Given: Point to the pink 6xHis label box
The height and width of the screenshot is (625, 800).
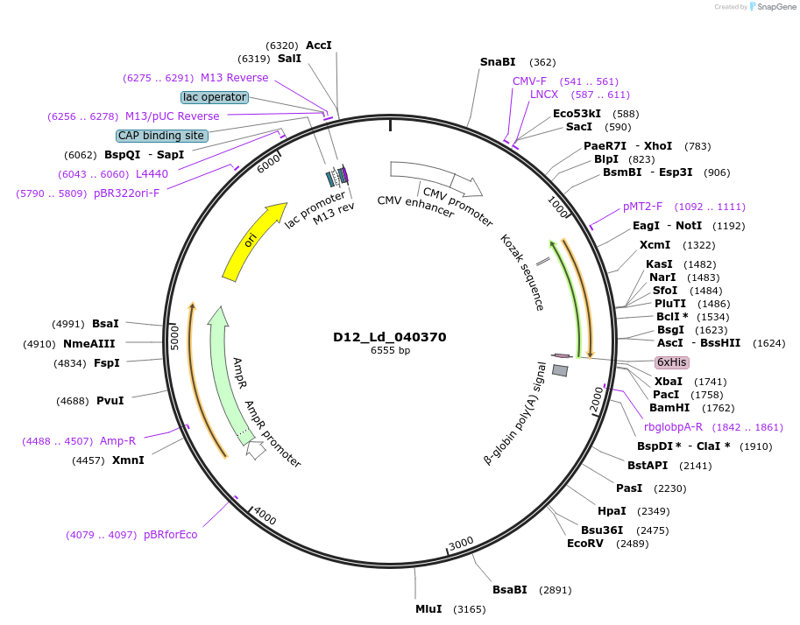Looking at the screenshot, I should [672, 362].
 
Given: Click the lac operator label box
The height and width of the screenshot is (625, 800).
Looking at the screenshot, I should [215, 97].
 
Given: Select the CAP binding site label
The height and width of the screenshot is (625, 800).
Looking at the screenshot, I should [162, 136].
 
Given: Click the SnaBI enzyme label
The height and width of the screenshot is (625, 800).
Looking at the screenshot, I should [498, 62].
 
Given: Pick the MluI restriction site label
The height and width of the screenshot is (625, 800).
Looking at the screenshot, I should [428, 608].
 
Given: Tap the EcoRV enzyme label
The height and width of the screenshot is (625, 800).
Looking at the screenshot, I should [585, 543].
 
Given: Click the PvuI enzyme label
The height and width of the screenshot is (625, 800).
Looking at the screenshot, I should [110, 401].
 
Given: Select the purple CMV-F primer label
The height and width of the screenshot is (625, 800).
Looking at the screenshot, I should [529, 81].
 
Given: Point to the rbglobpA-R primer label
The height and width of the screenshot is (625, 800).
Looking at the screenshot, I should [673, 426].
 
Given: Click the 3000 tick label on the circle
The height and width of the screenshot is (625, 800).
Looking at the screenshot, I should [461, 544].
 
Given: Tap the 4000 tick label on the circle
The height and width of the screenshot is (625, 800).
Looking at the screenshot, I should [264, 516].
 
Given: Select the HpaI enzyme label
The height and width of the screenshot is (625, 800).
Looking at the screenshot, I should [612, 510].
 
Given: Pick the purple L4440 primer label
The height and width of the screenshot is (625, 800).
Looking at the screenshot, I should [152, 174].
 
